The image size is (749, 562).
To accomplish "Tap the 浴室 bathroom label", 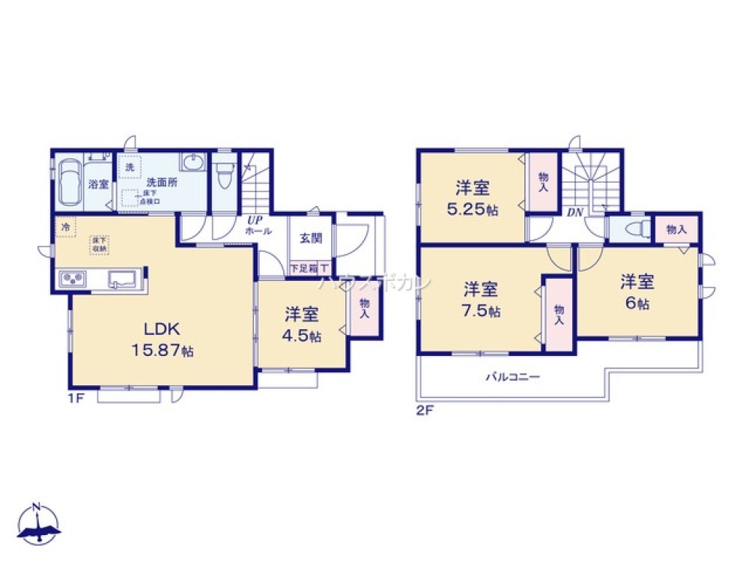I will coord(98,184).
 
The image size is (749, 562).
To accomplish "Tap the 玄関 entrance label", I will coord(311,239).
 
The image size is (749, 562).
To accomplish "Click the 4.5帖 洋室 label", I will coord(302,324).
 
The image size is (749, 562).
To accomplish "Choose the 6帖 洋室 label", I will coord(637,291).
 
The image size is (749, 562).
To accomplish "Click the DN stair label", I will coord(574,213).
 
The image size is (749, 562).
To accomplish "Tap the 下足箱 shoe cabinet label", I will coord(304,268).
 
